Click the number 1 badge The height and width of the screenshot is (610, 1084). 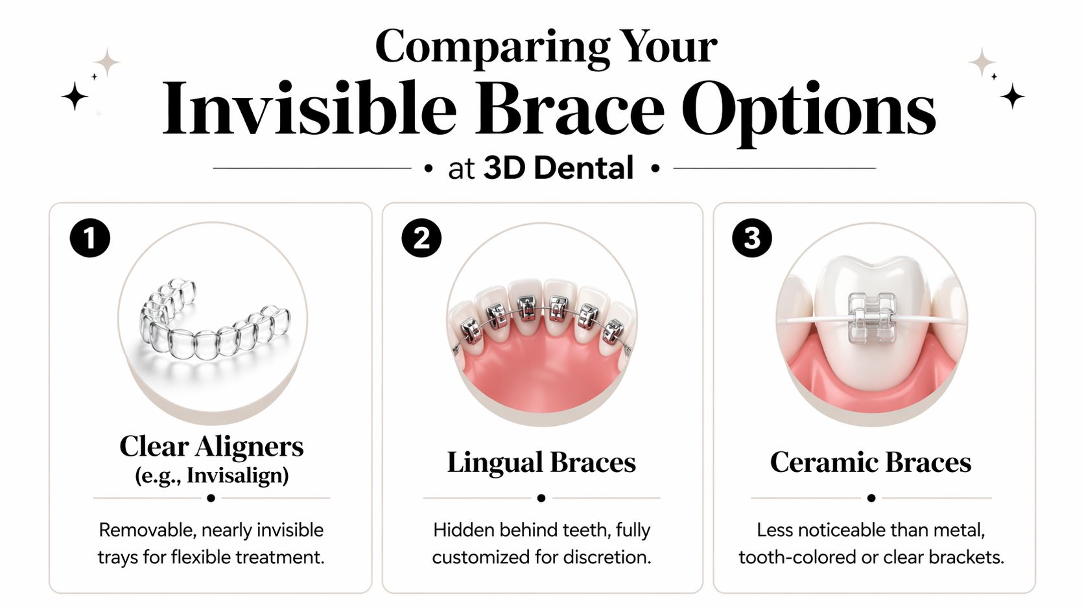click(x=90, y=238)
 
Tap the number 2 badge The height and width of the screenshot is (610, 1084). click(x=421, y=238)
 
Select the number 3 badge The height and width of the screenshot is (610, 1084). click(x=752, y=238)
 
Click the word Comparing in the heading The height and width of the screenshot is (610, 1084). click(x=492, y=47)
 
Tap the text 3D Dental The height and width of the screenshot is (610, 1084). click(x=558, y=169)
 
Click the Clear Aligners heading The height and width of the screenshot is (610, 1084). click(x=211, y=446)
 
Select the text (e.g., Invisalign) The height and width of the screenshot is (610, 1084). click(x=211, y=475)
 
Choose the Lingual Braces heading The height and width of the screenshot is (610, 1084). click(x=541, y=462)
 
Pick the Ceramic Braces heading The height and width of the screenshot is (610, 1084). click(x=871, y=462)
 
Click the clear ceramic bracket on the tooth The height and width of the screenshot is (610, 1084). click(x=872, y=317)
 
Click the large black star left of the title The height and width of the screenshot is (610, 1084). click(x=75, y=96)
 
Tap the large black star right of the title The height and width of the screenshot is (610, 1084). click(x=1012, y=96)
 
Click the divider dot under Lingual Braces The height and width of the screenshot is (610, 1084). click(x=541, y=498)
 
